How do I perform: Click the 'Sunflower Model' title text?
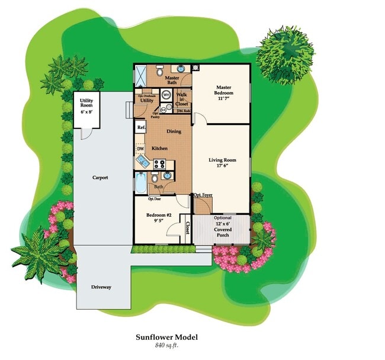(166, 337)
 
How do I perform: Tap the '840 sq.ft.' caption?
(166, 345)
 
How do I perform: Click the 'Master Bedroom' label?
(223, 94)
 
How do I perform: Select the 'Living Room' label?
(222, 163)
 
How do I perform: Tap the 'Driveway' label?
(101, 287)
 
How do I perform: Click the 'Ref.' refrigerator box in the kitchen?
(141, 127)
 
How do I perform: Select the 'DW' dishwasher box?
(140, 149)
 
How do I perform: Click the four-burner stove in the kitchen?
(160, 164)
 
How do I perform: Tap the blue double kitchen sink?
(143, 162)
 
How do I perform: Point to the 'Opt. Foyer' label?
(203, 195)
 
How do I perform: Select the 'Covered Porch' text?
(223, 231)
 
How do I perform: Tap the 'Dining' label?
(174, 131)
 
